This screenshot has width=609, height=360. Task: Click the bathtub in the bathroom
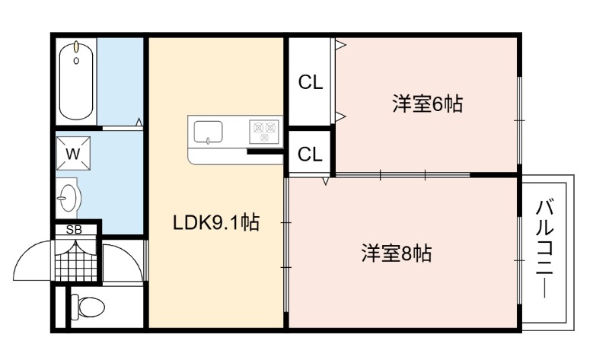tap(76, 81)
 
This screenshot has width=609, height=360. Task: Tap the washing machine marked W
tap(73, 154)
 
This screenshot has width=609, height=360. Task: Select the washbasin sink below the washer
tap(68, 198)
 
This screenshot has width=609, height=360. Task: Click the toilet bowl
tap(88, 307)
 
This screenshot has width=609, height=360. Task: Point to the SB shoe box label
tap(74, 230)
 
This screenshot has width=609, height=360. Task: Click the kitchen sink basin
tap(208, 132)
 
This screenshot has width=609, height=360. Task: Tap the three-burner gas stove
tap(264, 132)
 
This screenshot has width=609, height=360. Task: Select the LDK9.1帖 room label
tap(216, 223)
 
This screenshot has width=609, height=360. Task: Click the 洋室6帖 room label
tap(427, 104)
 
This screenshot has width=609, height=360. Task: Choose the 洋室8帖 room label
tap(396, 253)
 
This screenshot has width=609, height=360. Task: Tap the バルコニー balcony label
tap(544, 249)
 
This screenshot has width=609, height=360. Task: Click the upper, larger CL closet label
tap(311, 82)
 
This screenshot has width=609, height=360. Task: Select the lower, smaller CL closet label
tap(310, 155)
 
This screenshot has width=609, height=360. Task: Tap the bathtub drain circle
tap(76, 61)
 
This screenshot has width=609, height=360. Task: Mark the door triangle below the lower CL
tap(326, 181)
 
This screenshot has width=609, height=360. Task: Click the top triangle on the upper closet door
tap(340, 45)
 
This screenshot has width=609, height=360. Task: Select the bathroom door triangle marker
tap(139, 122)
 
